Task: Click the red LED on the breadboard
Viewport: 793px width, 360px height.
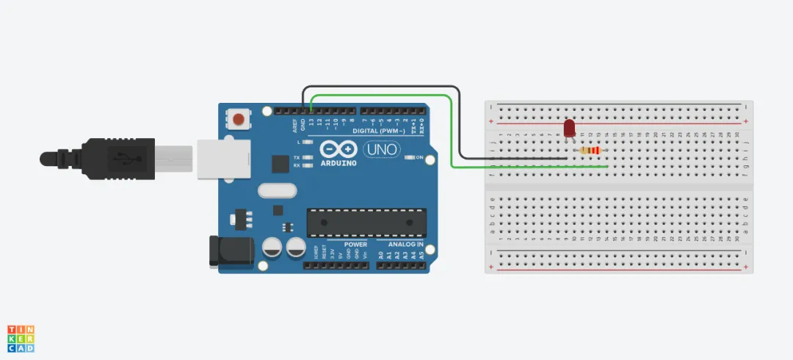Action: point(569,129)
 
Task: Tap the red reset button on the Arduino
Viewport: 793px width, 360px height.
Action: point(238,118)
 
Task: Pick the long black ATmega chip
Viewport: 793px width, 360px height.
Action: point(366,223)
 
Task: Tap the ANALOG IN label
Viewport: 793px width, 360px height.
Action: point(401,244)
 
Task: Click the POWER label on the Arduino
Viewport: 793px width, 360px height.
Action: point(356,244)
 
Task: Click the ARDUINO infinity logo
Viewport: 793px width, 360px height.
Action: point(338,150)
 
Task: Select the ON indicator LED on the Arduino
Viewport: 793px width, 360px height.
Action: point(410,157)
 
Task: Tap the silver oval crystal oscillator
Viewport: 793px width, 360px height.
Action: point(276,191)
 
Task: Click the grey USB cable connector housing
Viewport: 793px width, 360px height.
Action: point(173,157)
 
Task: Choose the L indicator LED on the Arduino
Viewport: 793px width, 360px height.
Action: point(307,141)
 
